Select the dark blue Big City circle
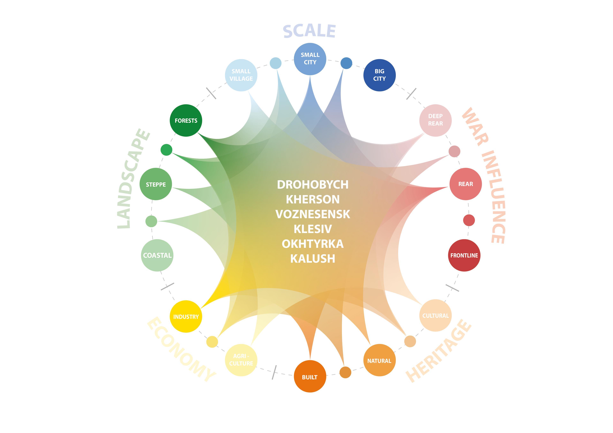click(379, 75)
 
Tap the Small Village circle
click(241, 75)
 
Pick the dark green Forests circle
click(186, 121)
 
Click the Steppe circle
click(156, 184)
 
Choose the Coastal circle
click(157, 255)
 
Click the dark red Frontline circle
click(464, 255)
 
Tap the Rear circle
click(465, 184)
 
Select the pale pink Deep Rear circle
click(435, 120)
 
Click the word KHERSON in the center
click(313, 199)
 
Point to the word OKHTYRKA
click(313, 244)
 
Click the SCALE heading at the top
click(309, 31)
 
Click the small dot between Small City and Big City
click(346, 63)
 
